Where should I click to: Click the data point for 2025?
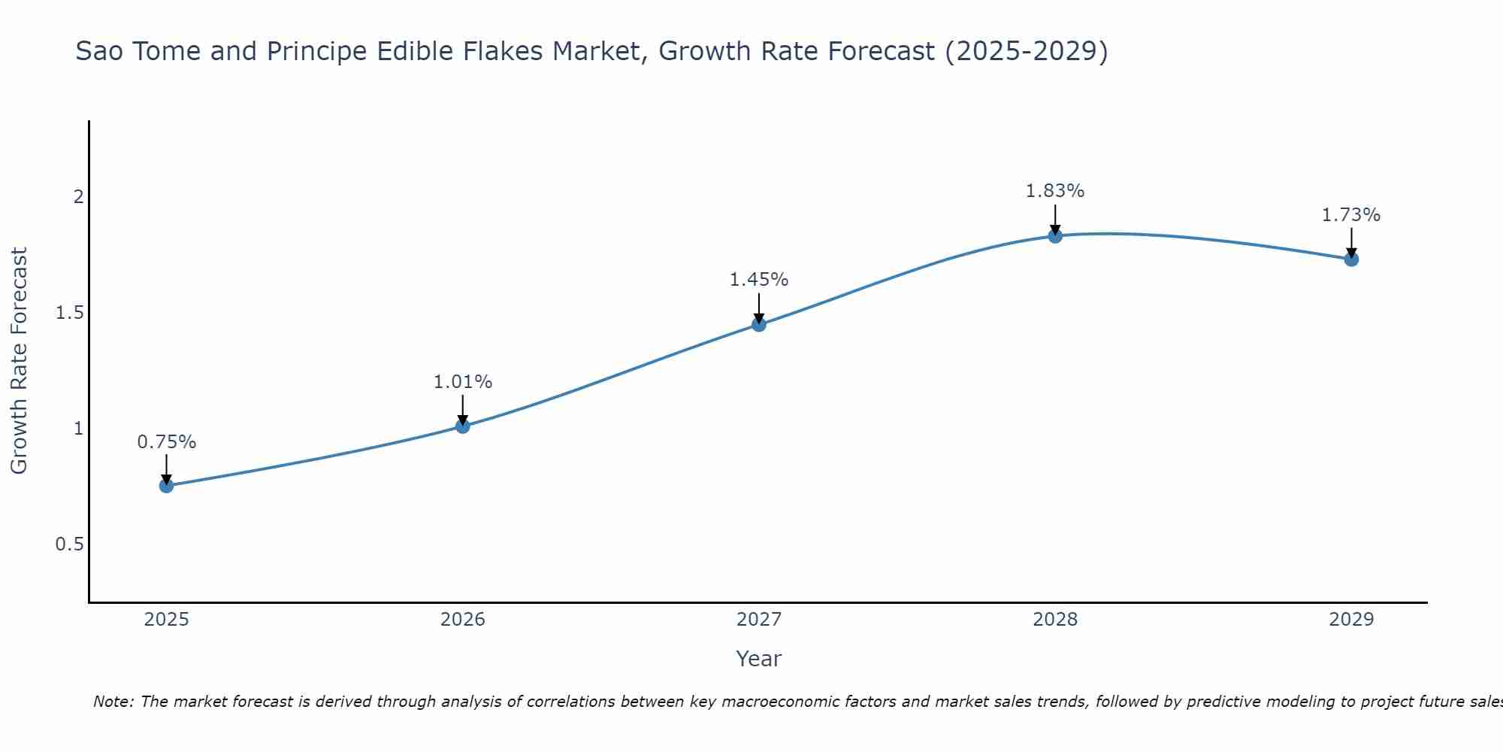[166, 486]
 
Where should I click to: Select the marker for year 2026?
[462, 426]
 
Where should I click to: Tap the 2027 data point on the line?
[758, 324]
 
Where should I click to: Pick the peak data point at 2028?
[1055, 236]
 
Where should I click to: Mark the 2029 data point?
[1351, 259]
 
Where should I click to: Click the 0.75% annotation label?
[166, 442]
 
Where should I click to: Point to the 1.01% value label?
[462, 382]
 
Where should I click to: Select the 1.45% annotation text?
[758, 280]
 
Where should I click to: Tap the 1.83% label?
[1055, 191]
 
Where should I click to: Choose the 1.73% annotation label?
[1351, 215]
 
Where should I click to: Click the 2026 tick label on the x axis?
[462, 620]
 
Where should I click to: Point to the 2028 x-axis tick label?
[1055, 620]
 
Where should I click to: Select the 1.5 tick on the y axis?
[69, 313]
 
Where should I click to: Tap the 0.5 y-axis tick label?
[69, 544]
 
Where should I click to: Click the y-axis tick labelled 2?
[77, 197]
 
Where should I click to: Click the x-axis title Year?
[758, 659]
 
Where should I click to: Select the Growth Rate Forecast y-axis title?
[19, 361]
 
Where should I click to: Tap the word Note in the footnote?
[113, 702]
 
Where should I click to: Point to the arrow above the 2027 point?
[758, 307]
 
